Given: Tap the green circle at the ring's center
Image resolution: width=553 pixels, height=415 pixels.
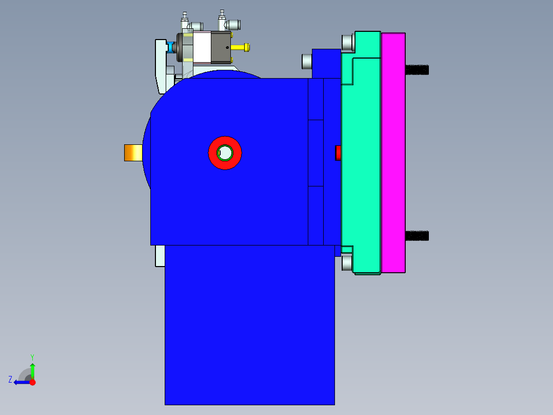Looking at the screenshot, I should coord(225,153).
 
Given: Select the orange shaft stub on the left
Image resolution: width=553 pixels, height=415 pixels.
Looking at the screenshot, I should coord(133,153).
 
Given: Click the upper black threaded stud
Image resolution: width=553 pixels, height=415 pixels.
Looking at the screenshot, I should coord(417,69).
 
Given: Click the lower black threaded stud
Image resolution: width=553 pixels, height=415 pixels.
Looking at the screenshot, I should coord(417,236).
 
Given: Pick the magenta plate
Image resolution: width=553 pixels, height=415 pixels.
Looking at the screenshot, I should coord(393,152).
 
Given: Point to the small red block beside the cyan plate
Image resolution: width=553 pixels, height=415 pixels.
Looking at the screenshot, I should coord(338,153).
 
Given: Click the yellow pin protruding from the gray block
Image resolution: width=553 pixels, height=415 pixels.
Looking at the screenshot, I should coord(241,48).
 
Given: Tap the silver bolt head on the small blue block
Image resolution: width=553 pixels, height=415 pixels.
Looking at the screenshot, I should coord(307,62).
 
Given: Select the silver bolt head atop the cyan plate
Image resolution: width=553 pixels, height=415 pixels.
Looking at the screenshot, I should coord(348,43).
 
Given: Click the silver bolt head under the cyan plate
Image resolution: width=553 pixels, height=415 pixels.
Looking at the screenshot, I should coord(347,263).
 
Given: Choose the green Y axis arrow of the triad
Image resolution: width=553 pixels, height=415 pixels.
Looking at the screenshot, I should coord(32,369).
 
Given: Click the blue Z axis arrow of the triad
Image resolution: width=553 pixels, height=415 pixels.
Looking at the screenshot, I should coord(21,382).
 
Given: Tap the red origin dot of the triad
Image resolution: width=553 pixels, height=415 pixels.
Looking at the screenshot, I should coord(32,382).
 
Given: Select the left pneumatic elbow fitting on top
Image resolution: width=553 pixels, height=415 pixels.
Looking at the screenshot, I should coord(195,26).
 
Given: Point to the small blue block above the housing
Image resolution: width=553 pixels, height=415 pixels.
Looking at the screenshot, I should coord(326,63).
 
